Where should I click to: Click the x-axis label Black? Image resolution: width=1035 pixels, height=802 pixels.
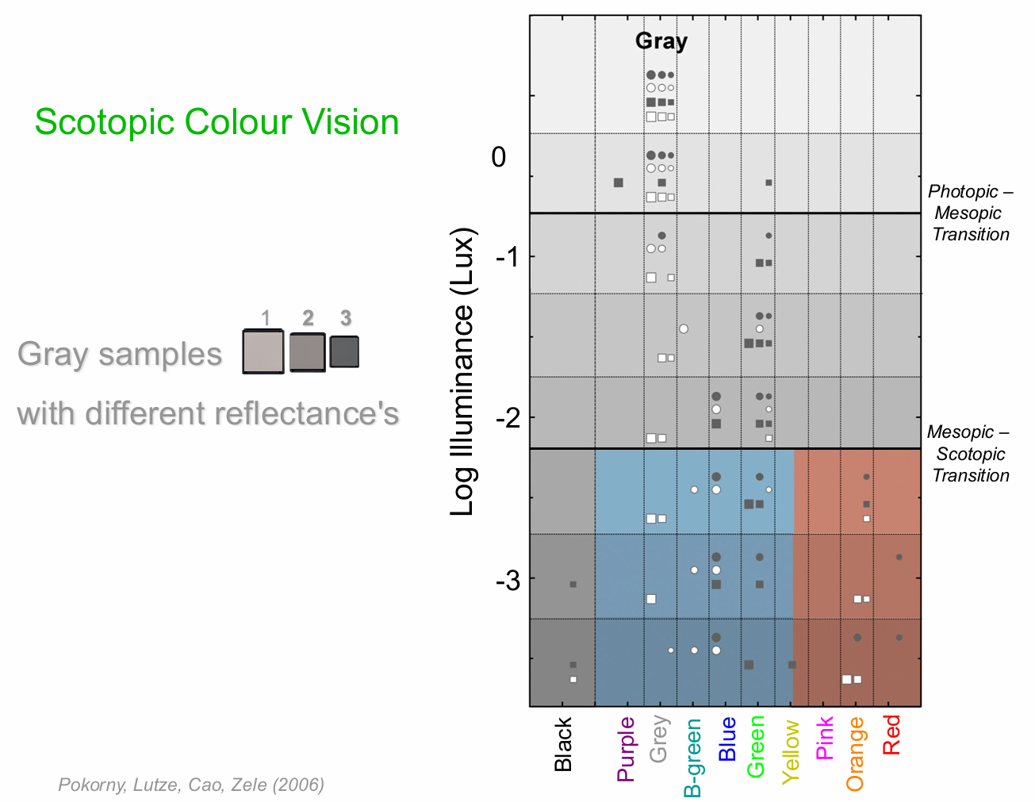pos(563,744)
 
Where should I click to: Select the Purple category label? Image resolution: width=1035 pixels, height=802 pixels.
pos(627,749)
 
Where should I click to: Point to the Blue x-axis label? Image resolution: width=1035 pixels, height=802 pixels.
pos(726,739)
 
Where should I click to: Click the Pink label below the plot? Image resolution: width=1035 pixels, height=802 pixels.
pos(824,739)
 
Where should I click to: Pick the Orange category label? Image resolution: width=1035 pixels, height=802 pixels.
pos(856,754)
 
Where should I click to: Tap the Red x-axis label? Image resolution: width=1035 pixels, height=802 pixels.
pos(891,735)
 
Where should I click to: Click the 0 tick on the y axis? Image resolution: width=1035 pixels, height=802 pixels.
pos(498,157)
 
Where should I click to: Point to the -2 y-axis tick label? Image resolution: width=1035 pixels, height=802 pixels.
pos(508,417)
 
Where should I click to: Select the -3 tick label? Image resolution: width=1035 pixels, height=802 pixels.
pos(508,580)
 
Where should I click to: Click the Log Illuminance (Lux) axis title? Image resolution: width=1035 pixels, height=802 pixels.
pos(462,372)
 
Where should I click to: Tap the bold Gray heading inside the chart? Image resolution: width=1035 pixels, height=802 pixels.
pos(661,41)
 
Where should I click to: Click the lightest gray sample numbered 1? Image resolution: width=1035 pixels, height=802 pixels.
pos(263,351)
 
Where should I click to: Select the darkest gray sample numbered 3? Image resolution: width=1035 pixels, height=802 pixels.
pos(344,351)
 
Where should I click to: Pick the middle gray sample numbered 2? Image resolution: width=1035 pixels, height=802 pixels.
pos(307,352)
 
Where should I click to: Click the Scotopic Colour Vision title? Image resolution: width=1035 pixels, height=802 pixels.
pos(217,122)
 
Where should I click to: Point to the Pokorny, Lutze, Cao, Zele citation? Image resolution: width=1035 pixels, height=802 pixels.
pos(191,785)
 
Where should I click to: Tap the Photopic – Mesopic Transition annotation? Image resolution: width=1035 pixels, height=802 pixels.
pos(970,213)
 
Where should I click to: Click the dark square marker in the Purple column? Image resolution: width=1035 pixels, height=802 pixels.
pos(619,182)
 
